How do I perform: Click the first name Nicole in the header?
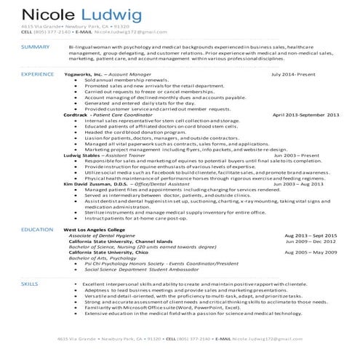pyautogui.click(x=45, y=14)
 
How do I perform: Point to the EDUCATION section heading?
pyautogui.click(x=37, y=229)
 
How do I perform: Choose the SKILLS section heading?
pyautogui.click(x=30, y=281)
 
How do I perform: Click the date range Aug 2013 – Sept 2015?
pyautogui.click(x=311, y=236)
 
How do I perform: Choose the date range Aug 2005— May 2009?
pyautogui.click(x=311, y=251)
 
